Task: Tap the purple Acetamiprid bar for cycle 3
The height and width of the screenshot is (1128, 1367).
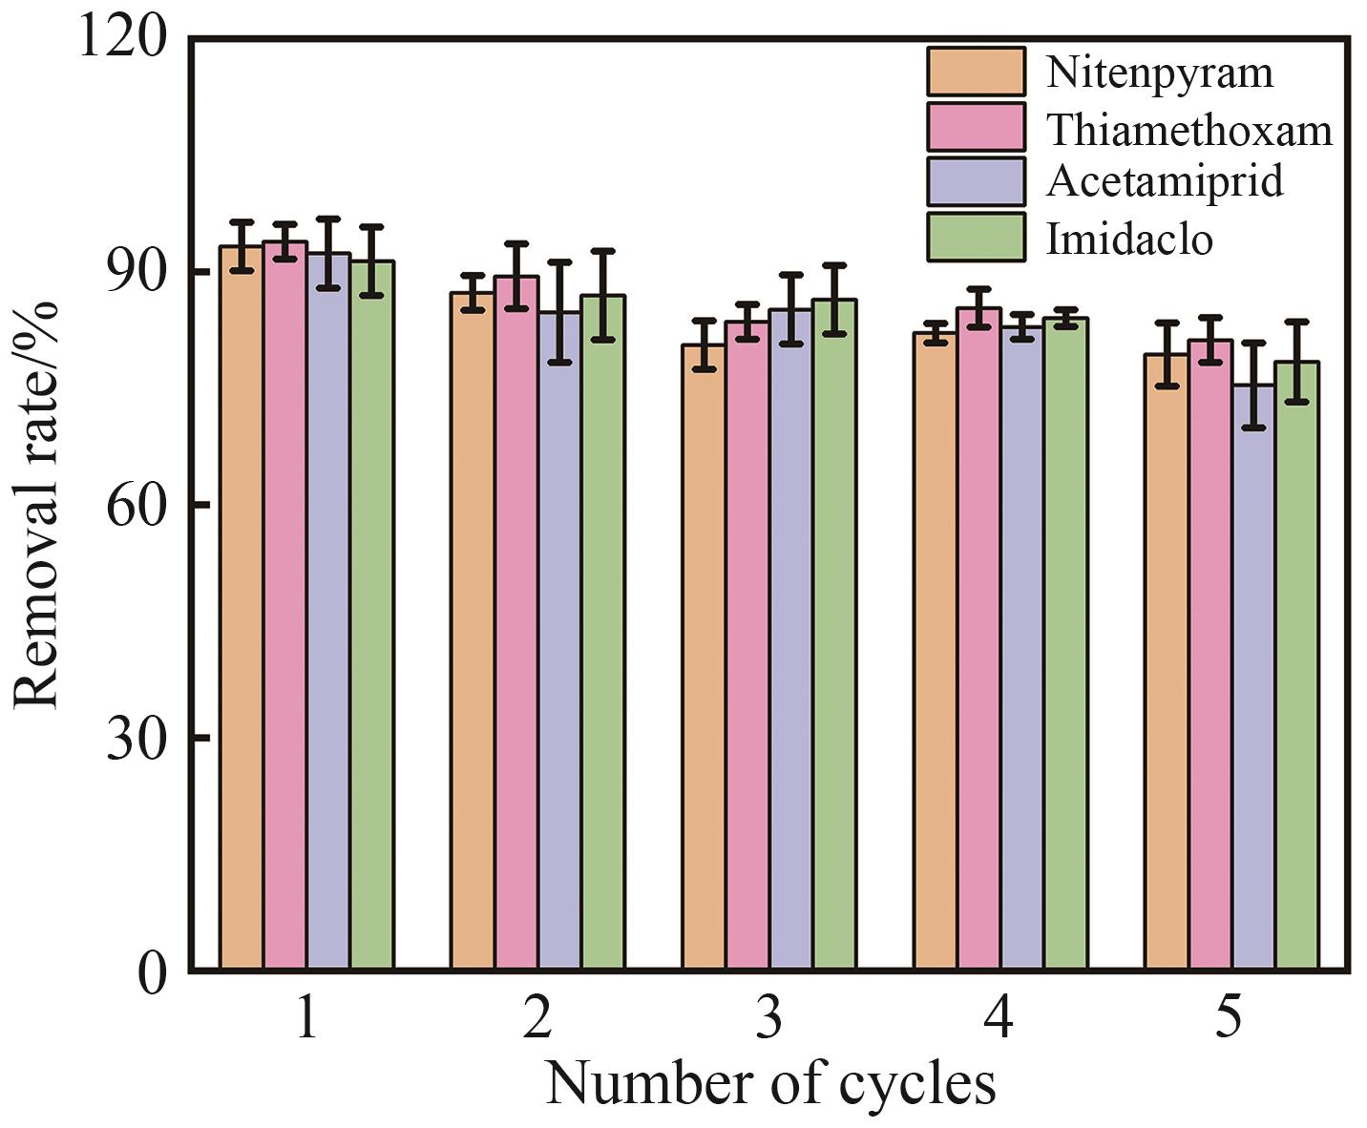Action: coord(790,639)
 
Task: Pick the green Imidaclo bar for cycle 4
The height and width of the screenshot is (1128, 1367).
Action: coord(1065,644)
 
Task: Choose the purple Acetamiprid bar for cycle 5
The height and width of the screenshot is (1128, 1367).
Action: coord(1252,678)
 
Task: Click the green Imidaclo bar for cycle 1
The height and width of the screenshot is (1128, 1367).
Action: coord(371,616)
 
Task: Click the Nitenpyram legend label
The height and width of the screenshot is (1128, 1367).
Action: coord(1159,73)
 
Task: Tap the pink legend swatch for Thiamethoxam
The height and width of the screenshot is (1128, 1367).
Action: coord(975,127)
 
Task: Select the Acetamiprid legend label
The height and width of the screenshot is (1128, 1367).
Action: coord(1165,181)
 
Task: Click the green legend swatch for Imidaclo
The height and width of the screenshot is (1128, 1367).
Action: coord(975,237)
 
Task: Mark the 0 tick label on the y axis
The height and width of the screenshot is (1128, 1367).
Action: coord(152,972)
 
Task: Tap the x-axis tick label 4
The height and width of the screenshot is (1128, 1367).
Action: coord(999,1017)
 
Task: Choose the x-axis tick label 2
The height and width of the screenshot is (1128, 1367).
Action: coord(537,1017)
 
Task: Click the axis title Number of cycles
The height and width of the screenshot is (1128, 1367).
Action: coord(769,1083)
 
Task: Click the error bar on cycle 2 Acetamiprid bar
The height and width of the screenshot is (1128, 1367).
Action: coord(559,312)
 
